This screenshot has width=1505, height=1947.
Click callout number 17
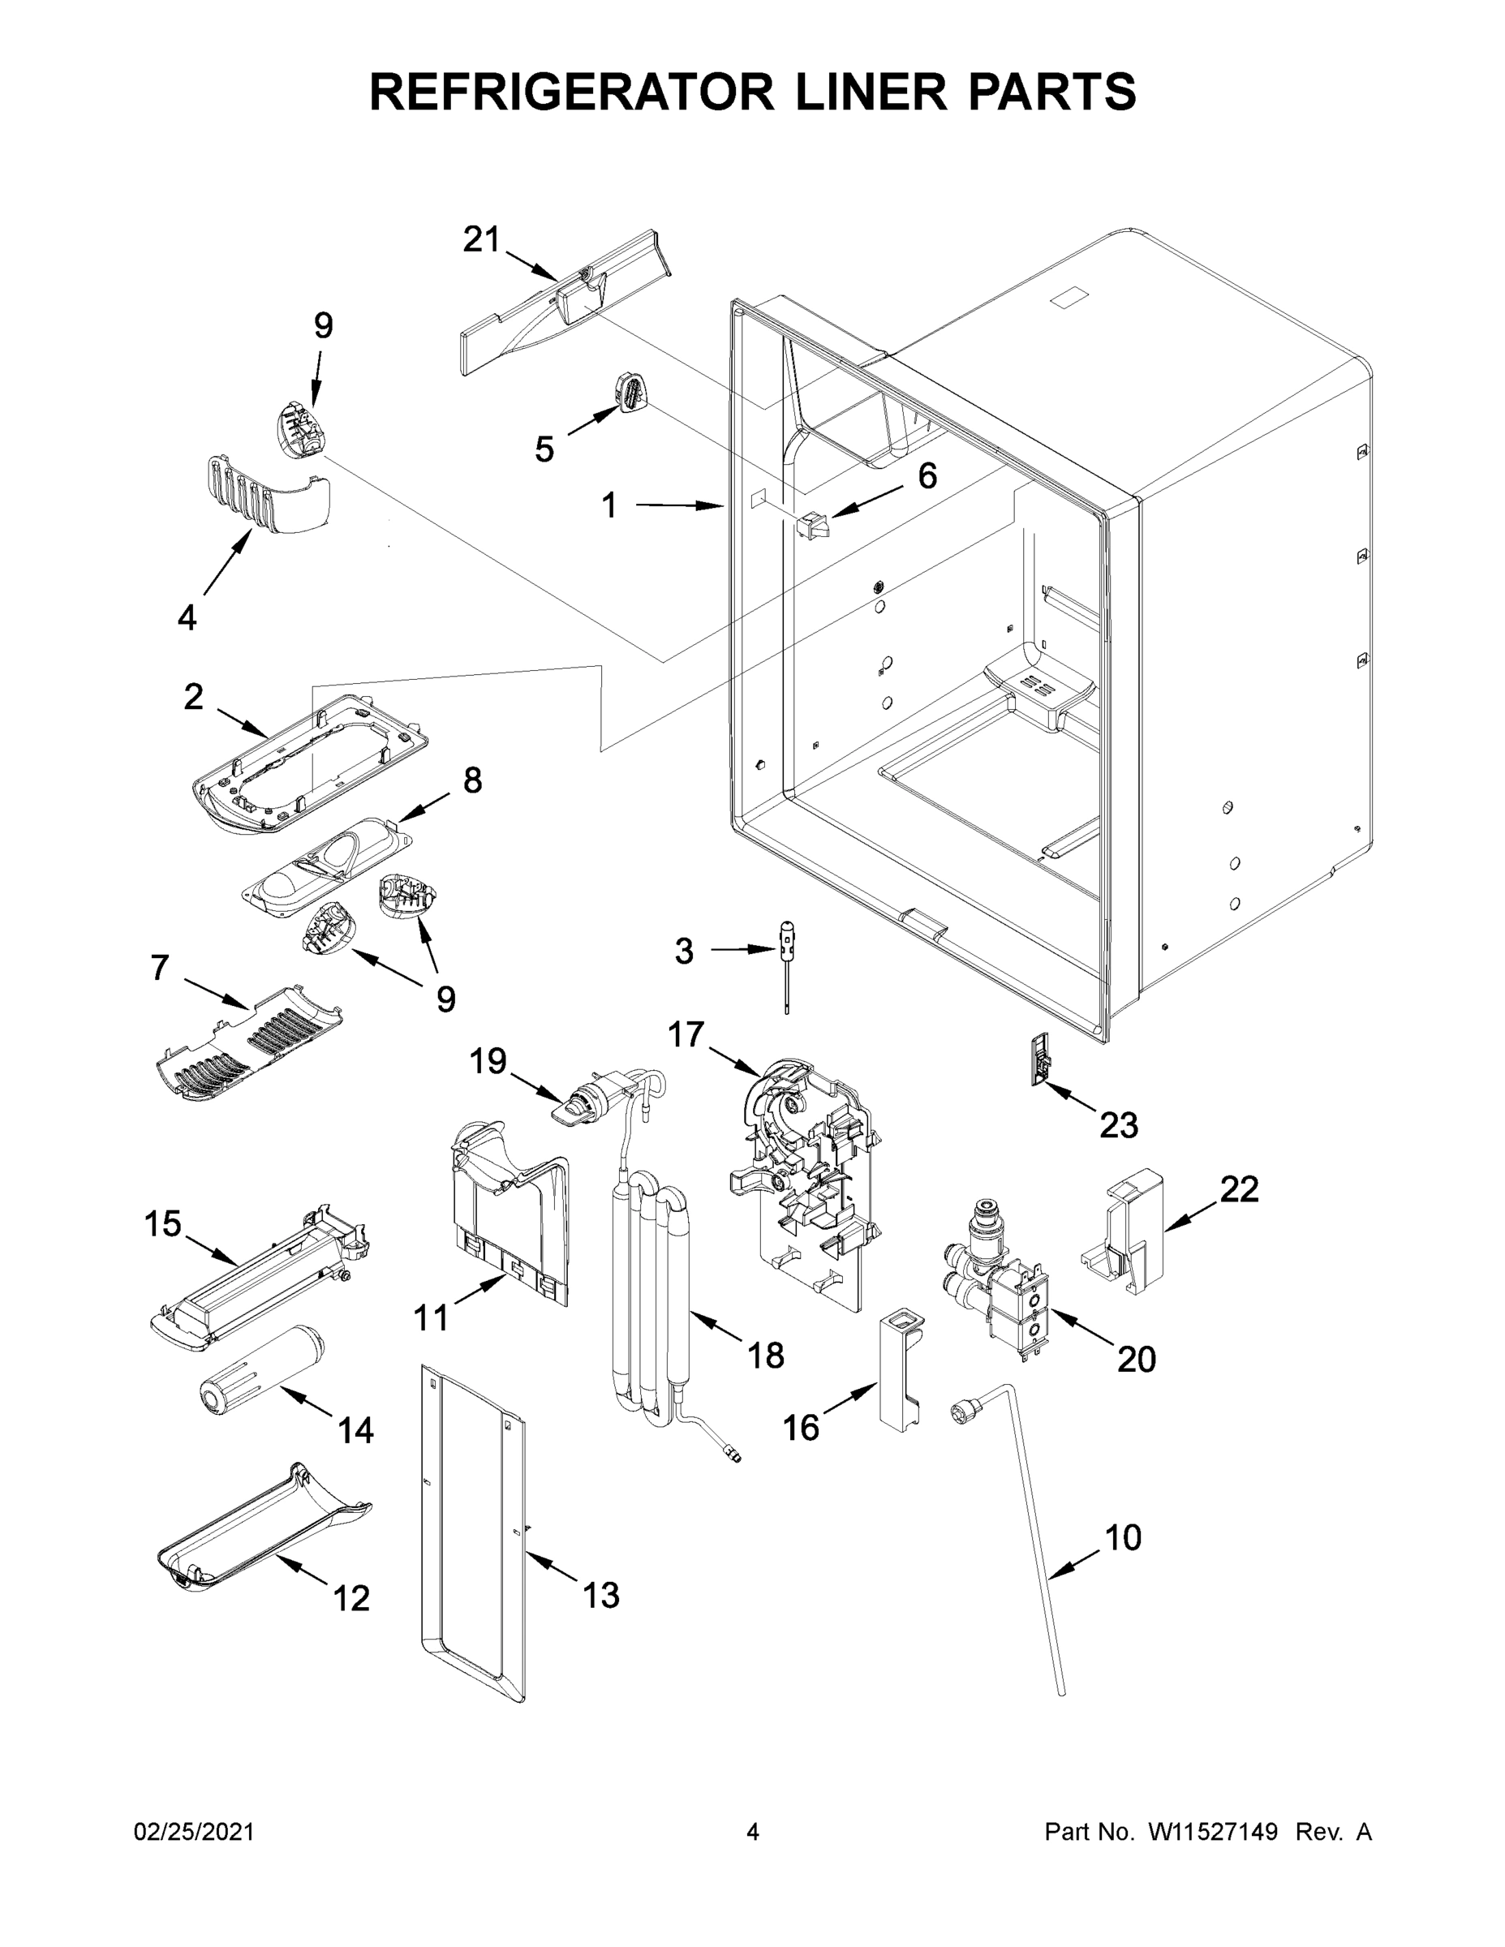tap(686, 1035)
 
